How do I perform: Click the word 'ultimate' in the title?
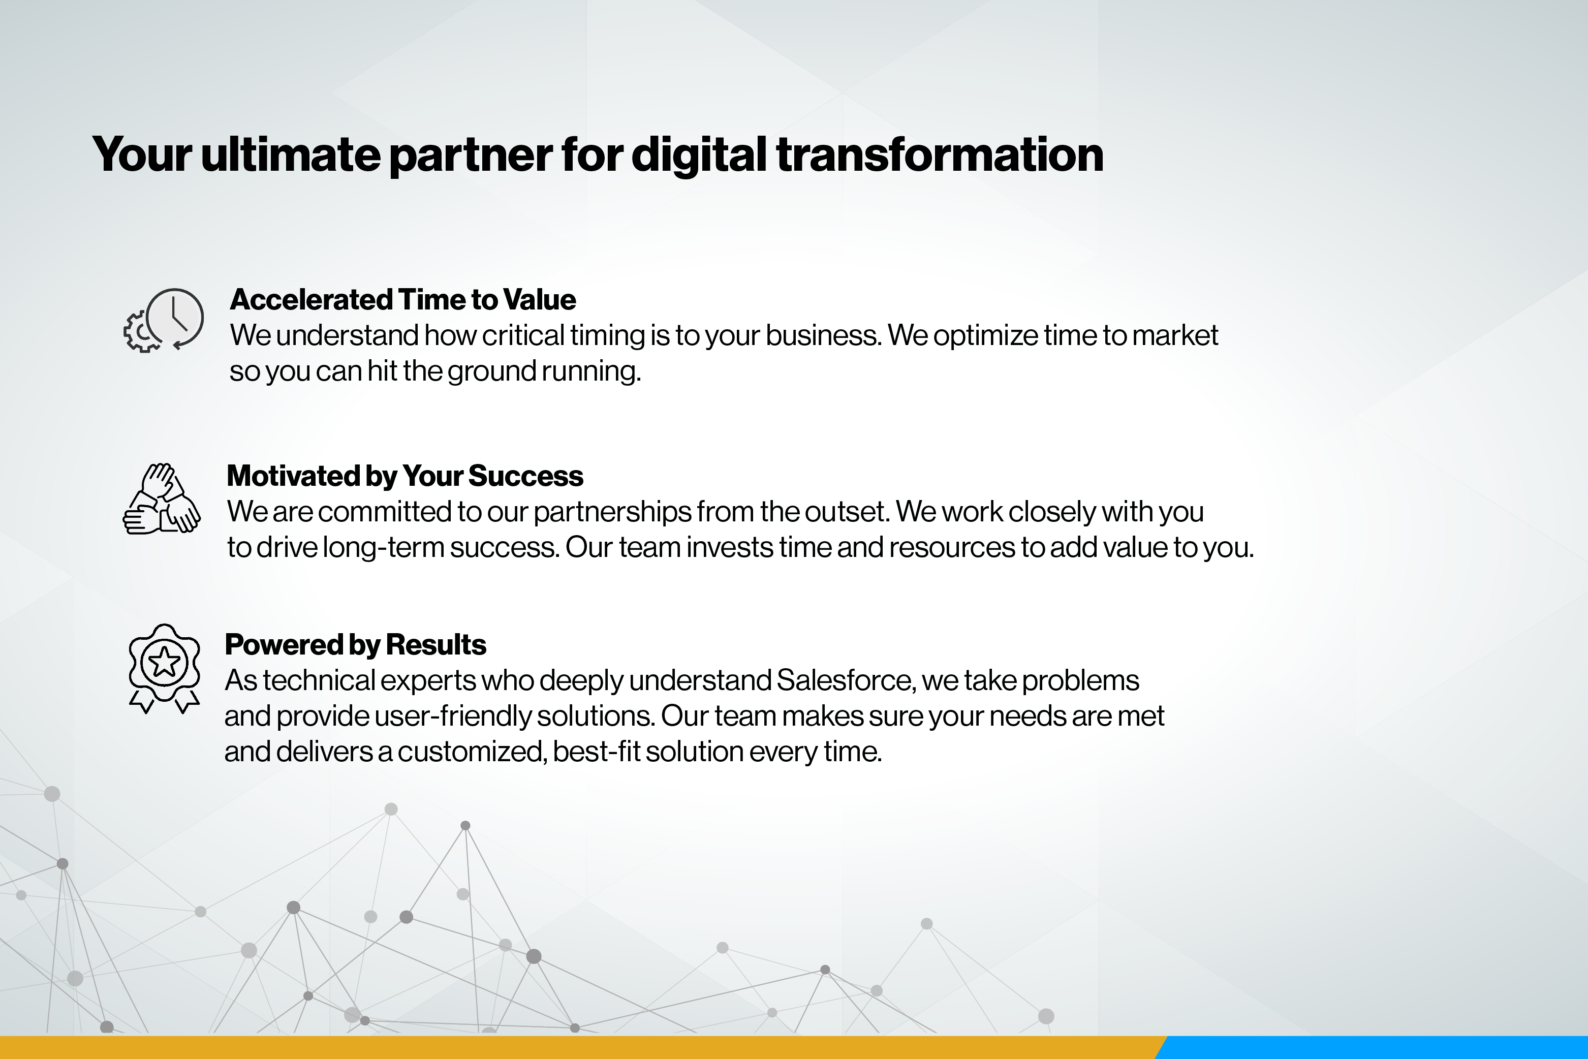click(x=291, y=154)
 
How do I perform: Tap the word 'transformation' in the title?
click(x=940, y=154)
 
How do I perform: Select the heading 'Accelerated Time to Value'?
click(x=402, y=299)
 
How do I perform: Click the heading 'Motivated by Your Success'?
click(x=404, y=476)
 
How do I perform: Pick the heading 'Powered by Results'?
click(x=355, y=645)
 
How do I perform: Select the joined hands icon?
click(x=162, y=499)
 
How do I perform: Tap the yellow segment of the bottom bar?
click(x=581, y=1047)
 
